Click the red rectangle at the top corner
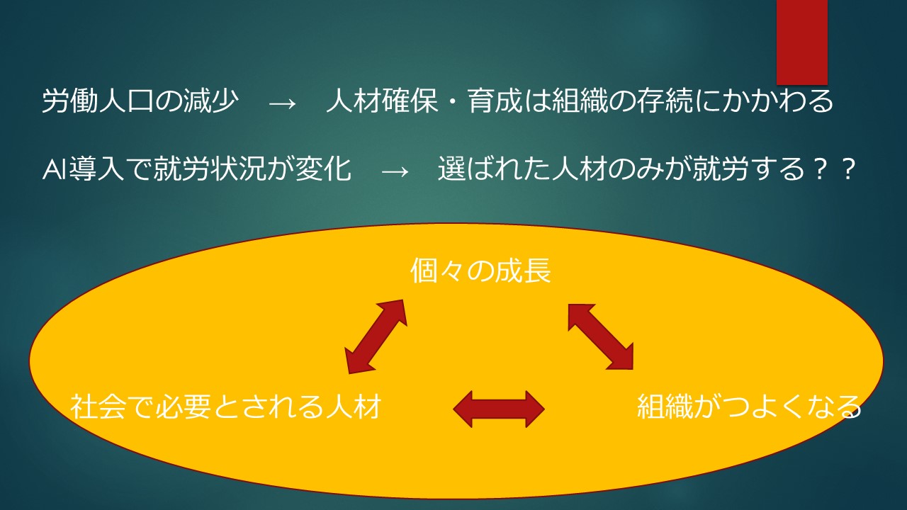[x=801, y=42]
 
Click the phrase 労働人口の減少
[x=140, y=101]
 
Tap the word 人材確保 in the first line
[x=382, y=101]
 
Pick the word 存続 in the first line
[x=664, y=101]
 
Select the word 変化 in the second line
[x=324, y=169]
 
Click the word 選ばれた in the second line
[x=494, y=169]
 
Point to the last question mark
[x=847, y=169]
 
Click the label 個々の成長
[x=480, y=271]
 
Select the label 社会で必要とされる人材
[x=225, y=406]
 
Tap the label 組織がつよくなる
[x=749, y=406]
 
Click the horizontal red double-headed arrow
[x=499, y=409]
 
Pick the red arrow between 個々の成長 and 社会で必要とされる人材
[x=376, y=336]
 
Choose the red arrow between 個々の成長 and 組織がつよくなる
[x=600, y=336]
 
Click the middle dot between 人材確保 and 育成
[x=453, y=101]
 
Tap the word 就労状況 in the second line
[x=210, y=169]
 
